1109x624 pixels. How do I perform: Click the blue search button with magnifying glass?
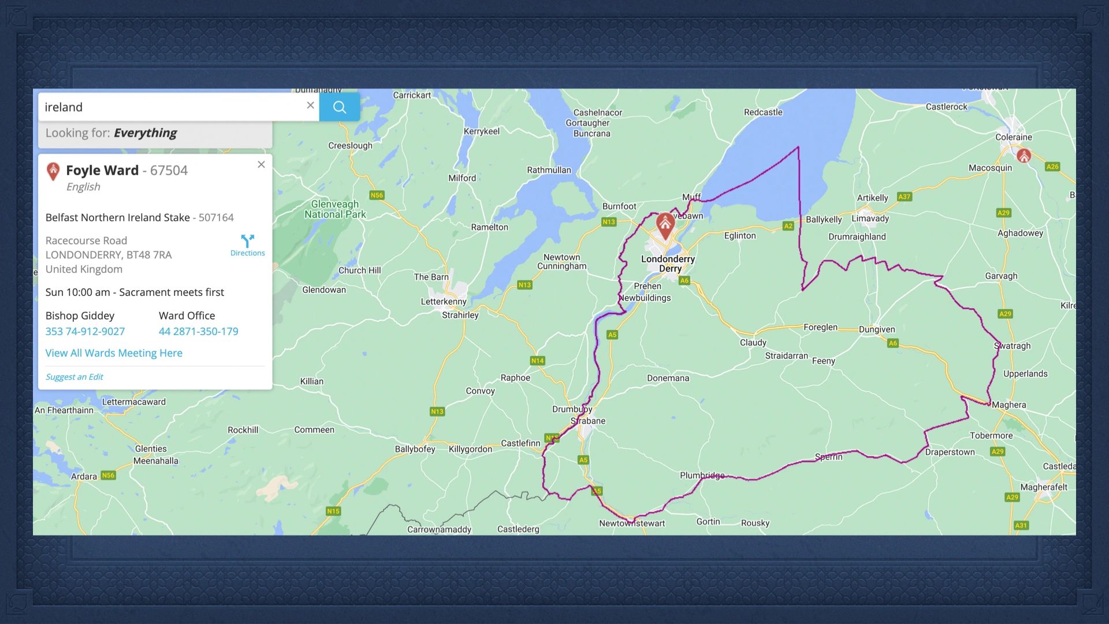click(x=340, y=107)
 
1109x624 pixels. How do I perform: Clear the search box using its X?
click(x=310, y=105)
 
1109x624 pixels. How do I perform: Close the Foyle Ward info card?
click(x=261, y=165)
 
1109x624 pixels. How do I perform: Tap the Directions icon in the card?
click(x=247, y=245)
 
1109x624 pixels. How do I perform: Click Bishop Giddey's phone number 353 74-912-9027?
click(x=85, y=332)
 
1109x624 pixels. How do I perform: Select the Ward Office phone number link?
click(x=198, y=332)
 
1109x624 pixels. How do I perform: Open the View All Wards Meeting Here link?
click(x=114, y=353)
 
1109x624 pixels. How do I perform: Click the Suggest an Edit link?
click(x=74, y=377)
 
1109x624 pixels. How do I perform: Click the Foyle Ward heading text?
click(x=102, y=170)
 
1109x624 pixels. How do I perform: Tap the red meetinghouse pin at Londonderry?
click(x=665, y=224)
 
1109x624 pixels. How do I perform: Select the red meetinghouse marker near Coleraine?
click(x=1024, y=155)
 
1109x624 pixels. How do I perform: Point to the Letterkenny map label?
click(x=443, y=302)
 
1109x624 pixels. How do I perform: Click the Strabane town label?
click(x=588, y=421)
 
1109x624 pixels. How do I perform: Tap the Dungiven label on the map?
click(x=876, y=330)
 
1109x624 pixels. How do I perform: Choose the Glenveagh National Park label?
click(x=335, y=209)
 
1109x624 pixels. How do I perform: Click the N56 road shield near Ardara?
click(x=108, y=476)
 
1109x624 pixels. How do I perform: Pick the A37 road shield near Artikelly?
click(x=904, y=197)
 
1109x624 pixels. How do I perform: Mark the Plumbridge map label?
click(x=702, y=476)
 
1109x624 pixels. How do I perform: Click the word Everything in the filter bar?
click(x=145, y=133)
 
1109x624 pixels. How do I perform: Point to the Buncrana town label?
click(x=591, y=133)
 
